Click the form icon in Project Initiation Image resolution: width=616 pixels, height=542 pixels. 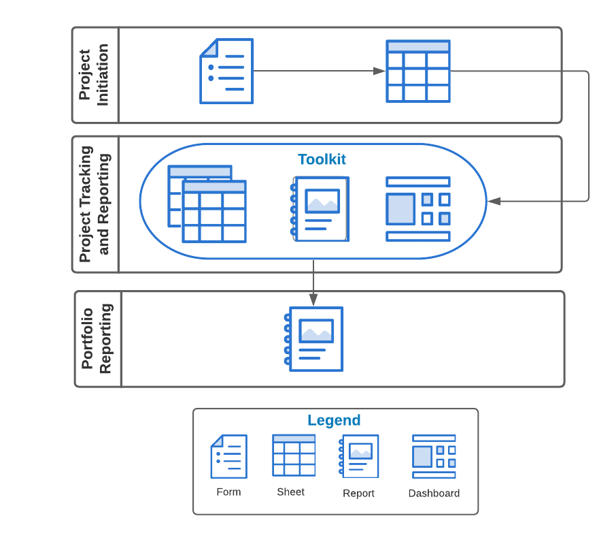226,71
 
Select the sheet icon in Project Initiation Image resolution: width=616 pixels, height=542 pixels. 417,71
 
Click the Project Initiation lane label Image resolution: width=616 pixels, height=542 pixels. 95,75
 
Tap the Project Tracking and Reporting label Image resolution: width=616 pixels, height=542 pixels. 95,204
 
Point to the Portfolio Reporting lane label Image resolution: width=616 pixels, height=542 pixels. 97,338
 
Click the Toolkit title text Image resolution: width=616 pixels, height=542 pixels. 322,159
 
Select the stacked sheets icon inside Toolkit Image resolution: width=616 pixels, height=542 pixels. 207,204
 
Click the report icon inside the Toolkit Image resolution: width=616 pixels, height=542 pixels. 320,209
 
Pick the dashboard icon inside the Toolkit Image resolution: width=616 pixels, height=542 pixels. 417,209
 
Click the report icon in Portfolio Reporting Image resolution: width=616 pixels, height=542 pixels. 313,338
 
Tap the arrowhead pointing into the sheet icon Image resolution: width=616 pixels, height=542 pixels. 379,71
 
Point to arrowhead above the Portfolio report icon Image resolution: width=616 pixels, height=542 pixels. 313,299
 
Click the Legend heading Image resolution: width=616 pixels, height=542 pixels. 334,420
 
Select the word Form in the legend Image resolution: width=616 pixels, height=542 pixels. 228,492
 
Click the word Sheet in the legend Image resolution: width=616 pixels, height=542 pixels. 290,492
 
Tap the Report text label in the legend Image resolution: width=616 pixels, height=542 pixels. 358,493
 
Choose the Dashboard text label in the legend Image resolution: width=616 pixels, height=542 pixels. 434,493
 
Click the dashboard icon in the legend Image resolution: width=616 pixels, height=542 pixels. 434,456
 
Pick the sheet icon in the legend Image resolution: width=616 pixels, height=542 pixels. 294,455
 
